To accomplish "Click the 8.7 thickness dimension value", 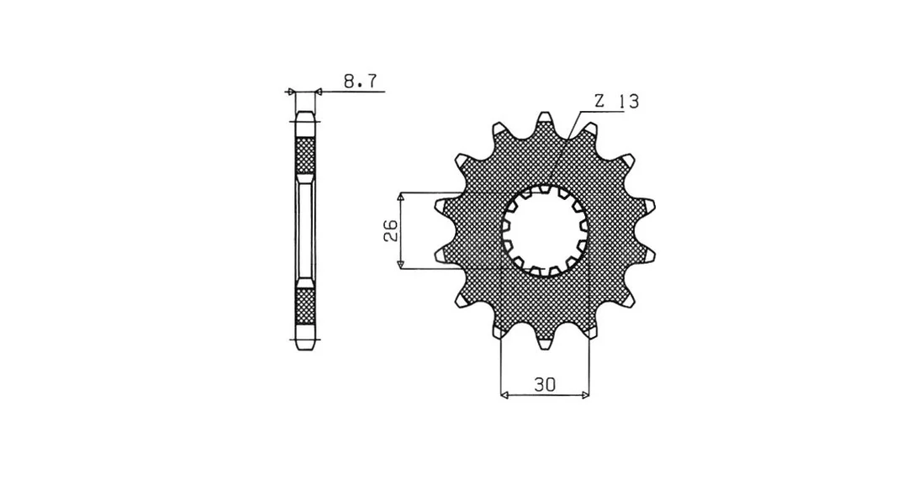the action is point(361,81).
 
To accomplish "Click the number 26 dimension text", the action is point(391,230).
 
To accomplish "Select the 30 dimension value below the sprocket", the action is point(545,384).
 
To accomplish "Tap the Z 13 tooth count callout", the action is point(616,102).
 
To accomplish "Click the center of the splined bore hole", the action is point(545,230).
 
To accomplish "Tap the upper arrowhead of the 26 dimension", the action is point(401,198).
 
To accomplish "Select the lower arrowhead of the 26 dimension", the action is point(401,263).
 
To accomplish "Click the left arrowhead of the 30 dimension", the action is point(506,396).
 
